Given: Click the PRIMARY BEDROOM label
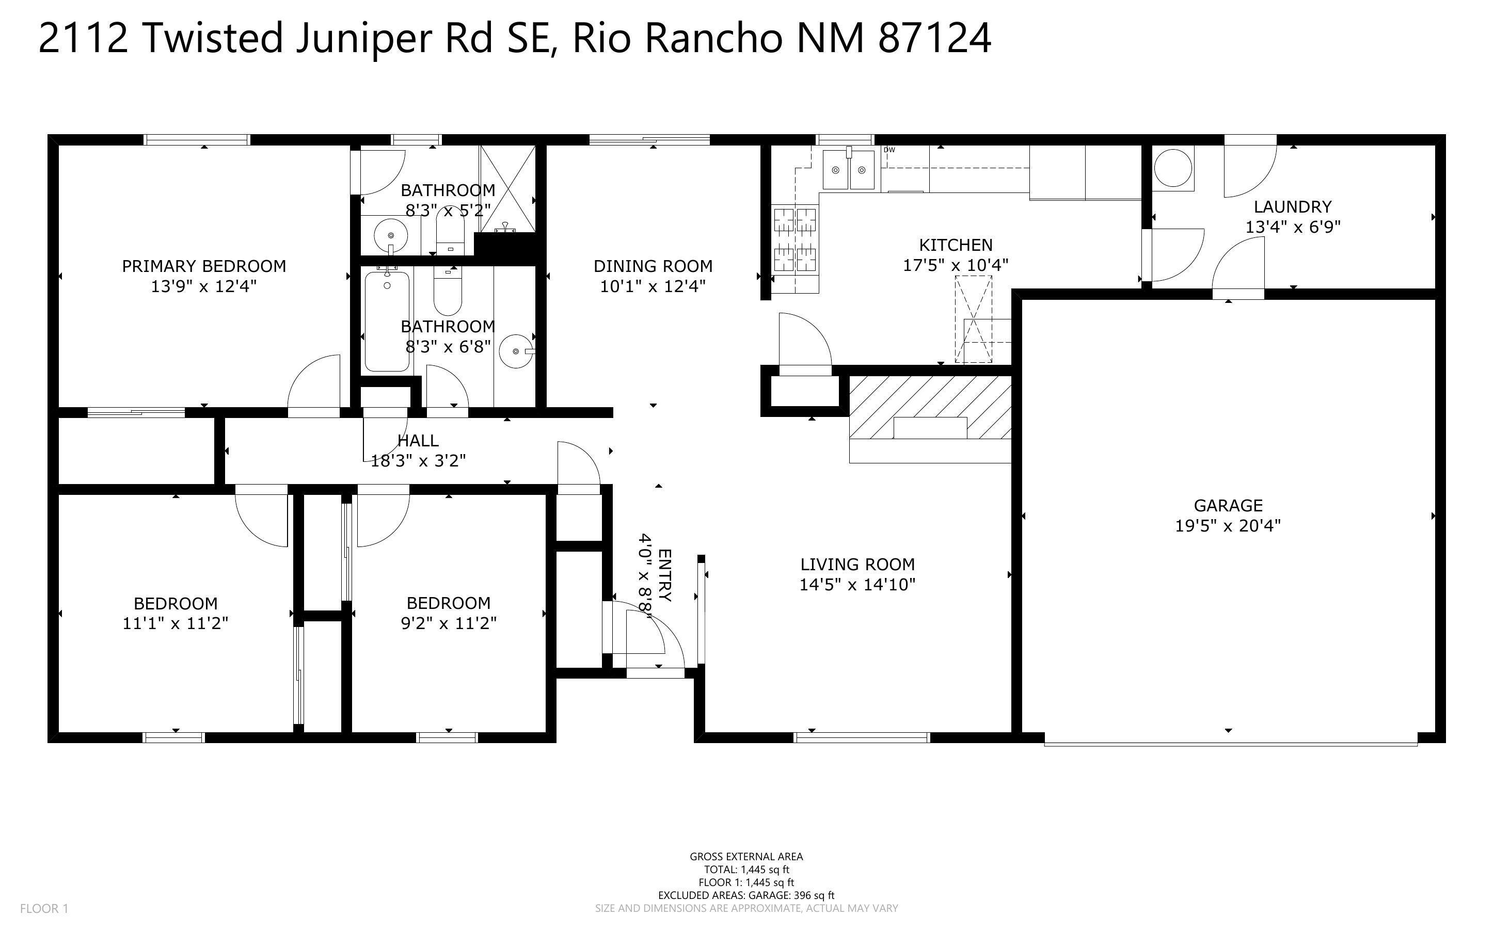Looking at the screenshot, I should click(203, 266).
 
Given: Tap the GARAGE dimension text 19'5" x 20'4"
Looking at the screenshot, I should click(1228, 526).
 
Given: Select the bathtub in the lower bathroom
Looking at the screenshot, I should click(387, 321).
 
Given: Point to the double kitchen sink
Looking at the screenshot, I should click(849, 170).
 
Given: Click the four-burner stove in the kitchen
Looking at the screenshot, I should click(795, 240).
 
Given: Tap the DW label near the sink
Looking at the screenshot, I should click(889, 150).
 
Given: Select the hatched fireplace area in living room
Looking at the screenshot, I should click(930, 407).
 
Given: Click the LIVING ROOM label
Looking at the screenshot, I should click(857, 564).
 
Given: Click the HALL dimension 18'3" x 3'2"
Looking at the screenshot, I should click(418, 461).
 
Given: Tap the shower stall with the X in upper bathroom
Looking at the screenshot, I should click(507, 186).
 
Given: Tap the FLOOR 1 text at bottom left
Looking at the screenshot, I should click(44, 908).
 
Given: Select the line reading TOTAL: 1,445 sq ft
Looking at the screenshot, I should click(746, 870).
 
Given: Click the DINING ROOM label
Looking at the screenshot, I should click(653, 266).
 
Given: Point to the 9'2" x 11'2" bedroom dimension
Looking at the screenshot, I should click(449, 623).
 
